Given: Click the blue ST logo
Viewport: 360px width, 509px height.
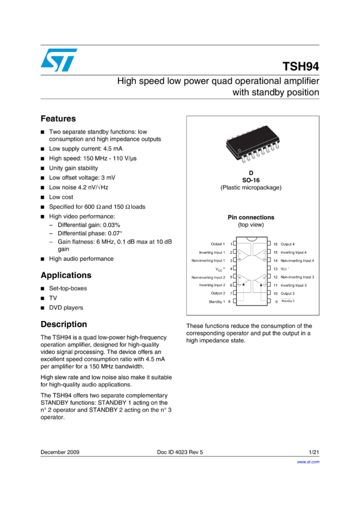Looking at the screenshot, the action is (x=59, y=60).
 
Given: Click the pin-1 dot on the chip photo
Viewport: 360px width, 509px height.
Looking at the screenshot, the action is (x=238, y=149).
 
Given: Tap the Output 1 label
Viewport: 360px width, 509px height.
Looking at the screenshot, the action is (x=217, y=244).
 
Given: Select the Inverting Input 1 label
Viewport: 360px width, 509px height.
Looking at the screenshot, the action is (x=212, y=253).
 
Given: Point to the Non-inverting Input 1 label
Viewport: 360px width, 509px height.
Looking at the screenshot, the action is (x=208, y=260).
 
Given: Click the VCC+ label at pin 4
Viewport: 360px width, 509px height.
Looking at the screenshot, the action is (x=220, y=269).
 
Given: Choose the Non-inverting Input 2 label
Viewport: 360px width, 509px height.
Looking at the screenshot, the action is (x=208, y=277).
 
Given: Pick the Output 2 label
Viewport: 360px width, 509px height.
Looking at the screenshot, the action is (x=217, y=293).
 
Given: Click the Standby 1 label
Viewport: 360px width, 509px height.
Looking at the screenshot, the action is (x=216, y=302).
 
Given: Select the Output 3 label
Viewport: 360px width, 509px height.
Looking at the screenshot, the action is (x=288, y=293).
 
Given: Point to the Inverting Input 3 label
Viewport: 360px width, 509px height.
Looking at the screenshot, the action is (x=294, y=286).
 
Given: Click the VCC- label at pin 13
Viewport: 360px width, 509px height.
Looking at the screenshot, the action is (x=285, y=269).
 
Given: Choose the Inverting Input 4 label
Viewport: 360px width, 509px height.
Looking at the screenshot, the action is (x=294, y=253).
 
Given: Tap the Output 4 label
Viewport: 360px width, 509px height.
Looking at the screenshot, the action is (x=288, y=244).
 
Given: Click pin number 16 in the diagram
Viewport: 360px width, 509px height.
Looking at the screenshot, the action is (x=276, y=244).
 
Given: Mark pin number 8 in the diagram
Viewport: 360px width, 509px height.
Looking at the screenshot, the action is (x=229, y=302).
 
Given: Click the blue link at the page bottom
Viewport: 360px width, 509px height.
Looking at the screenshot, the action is (x=308, y=462).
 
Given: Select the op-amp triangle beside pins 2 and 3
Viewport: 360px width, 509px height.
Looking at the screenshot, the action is (x=244, y=256).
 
